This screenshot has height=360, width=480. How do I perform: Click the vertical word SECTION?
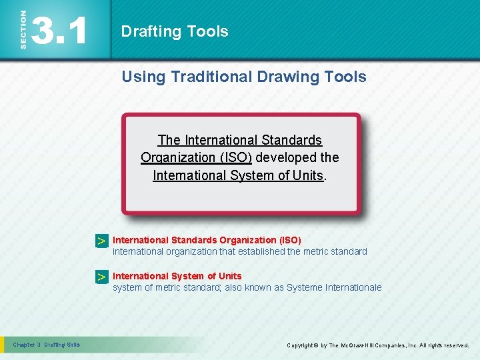[23, 29]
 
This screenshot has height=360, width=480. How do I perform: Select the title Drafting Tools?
[175, 31]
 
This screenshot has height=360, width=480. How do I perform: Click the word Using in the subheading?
[143, 77]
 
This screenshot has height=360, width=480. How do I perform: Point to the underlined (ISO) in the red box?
[235, 158]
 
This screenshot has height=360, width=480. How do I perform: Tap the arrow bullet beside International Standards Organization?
[101, 241]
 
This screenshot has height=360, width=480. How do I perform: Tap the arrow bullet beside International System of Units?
[101, 277]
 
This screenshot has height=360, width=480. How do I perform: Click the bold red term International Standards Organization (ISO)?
[207, 240]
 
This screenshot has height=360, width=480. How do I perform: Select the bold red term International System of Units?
[177, 276]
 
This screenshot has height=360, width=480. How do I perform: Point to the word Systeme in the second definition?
[304, 287]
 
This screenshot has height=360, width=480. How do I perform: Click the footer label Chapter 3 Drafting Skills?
[47, 345]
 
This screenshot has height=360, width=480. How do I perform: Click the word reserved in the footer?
[453, 345]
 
